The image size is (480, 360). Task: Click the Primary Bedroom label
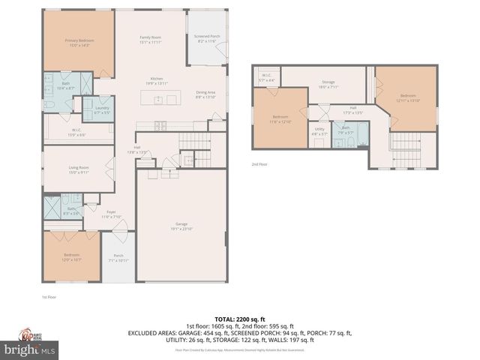tap(77, 43)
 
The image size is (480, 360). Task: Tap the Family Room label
tap(151, 40)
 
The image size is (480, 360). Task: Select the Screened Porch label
tap(207, 37)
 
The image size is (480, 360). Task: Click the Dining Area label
tap(205, 94)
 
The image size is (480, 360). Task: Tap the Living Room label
tap(77, 170)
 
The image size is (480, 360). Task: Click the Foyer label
tap(110, 215)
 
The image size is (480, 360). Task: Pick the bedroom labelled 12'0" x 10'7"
tap(71, 257)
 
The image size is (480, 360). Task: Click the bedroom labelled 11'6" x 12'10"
tap(280, 118)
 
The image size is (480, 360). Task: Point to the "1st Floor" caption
tap(49, 297)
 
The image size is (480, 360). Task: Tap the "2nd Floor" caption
tap(259, 164)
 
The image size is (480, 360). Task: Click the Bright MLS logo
tap(30, 349)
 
